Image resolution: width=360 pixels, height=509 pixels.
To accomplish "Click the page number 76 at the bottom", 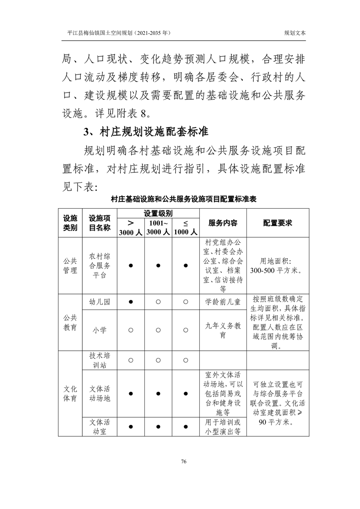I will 184,461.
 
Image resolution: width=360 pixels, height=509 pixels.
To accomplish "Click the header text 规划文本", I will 295,33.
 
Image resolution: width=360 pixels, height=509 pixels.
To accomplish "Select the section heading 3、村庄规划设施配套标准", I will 146,132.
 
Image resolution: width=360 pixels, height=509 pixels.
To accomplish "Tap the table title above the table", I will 184,199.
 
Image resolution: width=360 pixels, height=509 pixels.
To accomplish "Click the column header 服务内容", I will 222,223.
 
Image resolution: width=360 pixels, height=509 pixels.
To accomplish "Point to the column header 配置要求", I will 277,223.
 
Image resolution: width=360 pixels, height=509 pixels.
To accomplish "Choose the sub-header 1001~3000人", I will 158,227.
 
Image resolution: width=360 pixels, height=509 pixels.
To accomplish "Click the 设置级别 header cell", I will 158,214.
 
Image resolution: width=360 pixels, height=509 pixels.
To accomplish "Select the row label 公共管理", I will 70,266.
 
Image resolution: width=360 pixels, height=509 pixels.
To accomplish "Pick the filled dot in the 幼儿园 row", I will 131,301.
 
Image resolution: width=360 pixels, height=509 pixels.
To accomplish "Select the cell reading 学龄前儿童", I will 222,301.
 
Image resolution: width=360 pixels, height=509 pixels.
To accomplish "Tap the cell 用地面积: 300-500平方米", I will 277,266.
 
